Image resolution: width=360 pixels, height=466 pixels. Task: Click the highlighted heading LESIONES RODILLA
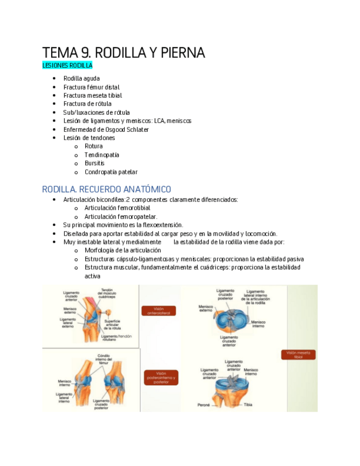click(67, 65)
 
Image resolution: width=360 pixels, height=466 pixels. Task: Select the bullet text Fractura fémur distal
click(91, 87)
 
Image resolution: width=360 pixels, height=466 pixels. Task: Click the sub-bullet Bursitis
click(94, 163)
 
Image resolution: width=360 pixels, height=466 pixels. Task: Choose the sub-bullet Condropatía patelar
click(111, 172)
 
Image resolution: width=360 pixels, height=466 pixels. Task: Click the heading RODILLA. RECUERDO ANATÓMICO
click(107, 189)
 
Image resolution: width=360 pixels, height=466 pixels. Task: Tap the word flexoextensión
click(162, 225)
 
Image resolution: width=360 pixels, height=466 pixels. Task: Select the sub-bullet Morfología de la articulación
click(123, 250)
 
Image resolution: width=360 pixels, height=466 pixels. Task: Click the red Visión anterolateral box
click(158, 311)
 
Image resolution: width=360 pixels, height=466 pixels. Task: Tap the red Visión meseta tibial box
click(298, 354)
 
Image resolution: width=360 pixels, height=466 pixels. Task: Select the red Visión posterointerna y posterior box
click(161, 378)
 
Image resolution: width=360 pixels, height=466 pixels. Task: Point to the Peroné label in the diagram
click(204, 405)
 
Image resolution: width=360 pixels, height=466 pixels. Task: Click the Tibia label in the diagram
click(248, 405)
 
